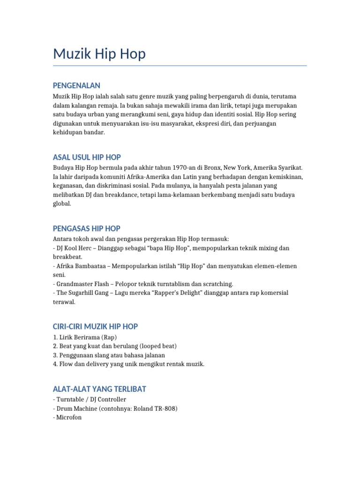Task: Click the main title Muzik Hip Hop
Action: (x=99, y=54)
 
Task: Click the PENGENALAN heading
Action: (x=76, y=85)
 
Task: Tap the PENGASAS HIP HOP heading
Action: (x=86, y=228)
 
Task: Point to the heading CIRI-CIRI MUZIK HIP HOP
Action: (x=95, y=326)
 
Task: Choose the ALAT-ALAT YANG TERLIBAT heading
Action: (x=99, y=389)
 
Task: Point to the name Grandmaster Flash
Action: (x=83, y=284)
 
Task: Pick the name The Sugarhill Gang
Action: (x=82, y=292)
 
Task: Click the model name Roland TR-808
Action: (x=155, y=408)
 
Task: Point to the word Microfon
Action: (x=68, y=417)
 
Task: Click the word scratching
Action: (x=217, y=284)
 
